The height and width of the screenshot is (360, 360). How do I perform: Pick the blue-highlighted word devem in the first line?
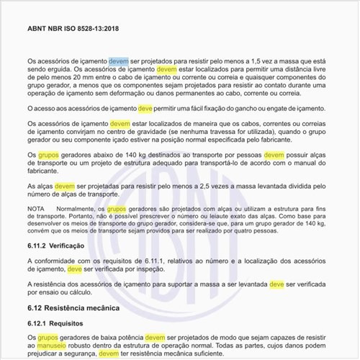tap(119, 62)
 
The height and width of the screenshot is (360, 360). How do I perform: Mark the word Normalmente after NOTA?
tap(77, 208)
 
